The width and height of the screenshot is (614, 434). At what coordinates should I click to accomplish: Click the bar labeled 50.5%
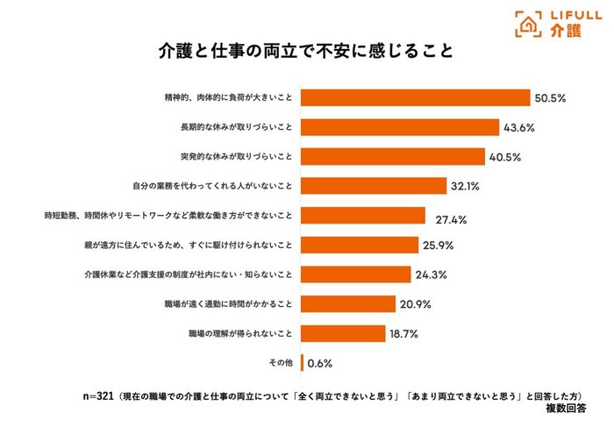click(416, 97)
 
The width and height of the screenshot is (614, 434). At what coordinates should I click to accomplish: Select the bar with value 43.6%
click(401, 127)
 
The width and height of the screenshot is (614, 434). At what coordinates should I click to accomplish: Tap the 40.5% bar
click(393, 157)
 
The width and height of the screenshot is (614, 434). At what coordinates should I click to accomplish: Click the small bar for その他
click(303, 363)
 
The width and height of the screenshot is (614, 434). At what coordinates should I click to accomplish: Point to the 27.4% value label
click(447, 216)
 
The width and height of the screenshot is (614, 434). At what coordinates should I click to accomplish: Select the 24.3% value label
click(432, 274)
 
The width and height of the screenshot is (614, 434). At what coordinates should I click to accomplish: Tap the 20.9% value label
click(418, 304)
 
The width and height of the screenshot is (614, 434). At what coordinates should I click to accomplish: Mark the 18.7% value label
click(408, 334)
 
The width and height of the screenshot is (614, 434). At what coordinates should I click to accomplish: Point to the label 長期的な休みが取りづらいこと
click(237, 127)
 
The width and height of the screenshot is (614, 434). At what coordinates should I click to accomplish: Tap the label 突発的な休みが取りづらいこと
click(237, 157)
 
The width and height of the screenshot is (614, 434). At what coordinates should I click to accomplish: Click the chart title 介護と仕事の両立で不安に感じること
click(306, 51)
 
